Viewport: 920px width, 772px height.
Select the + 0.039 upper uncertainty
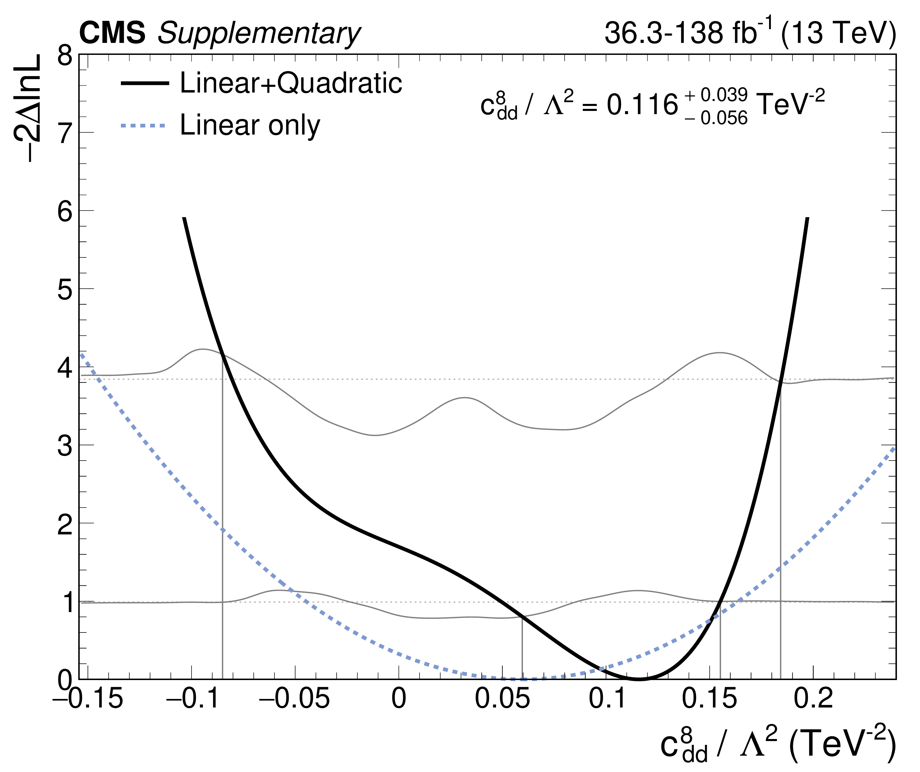pyautogui.click(x=716, y=95)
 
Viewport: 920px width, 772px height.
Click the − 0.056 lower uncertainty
pyautogui.click(x=716, y=118)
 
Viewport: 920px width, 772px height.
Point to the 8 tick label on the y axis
pyautogui.click(x=65, y=57)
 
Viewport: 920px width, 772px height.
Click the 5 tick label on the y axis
pyautogui.click(x=65, y=290)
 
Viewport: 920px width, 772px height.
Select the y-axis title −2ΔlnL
pyautogui.click(x=27, y=108)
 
